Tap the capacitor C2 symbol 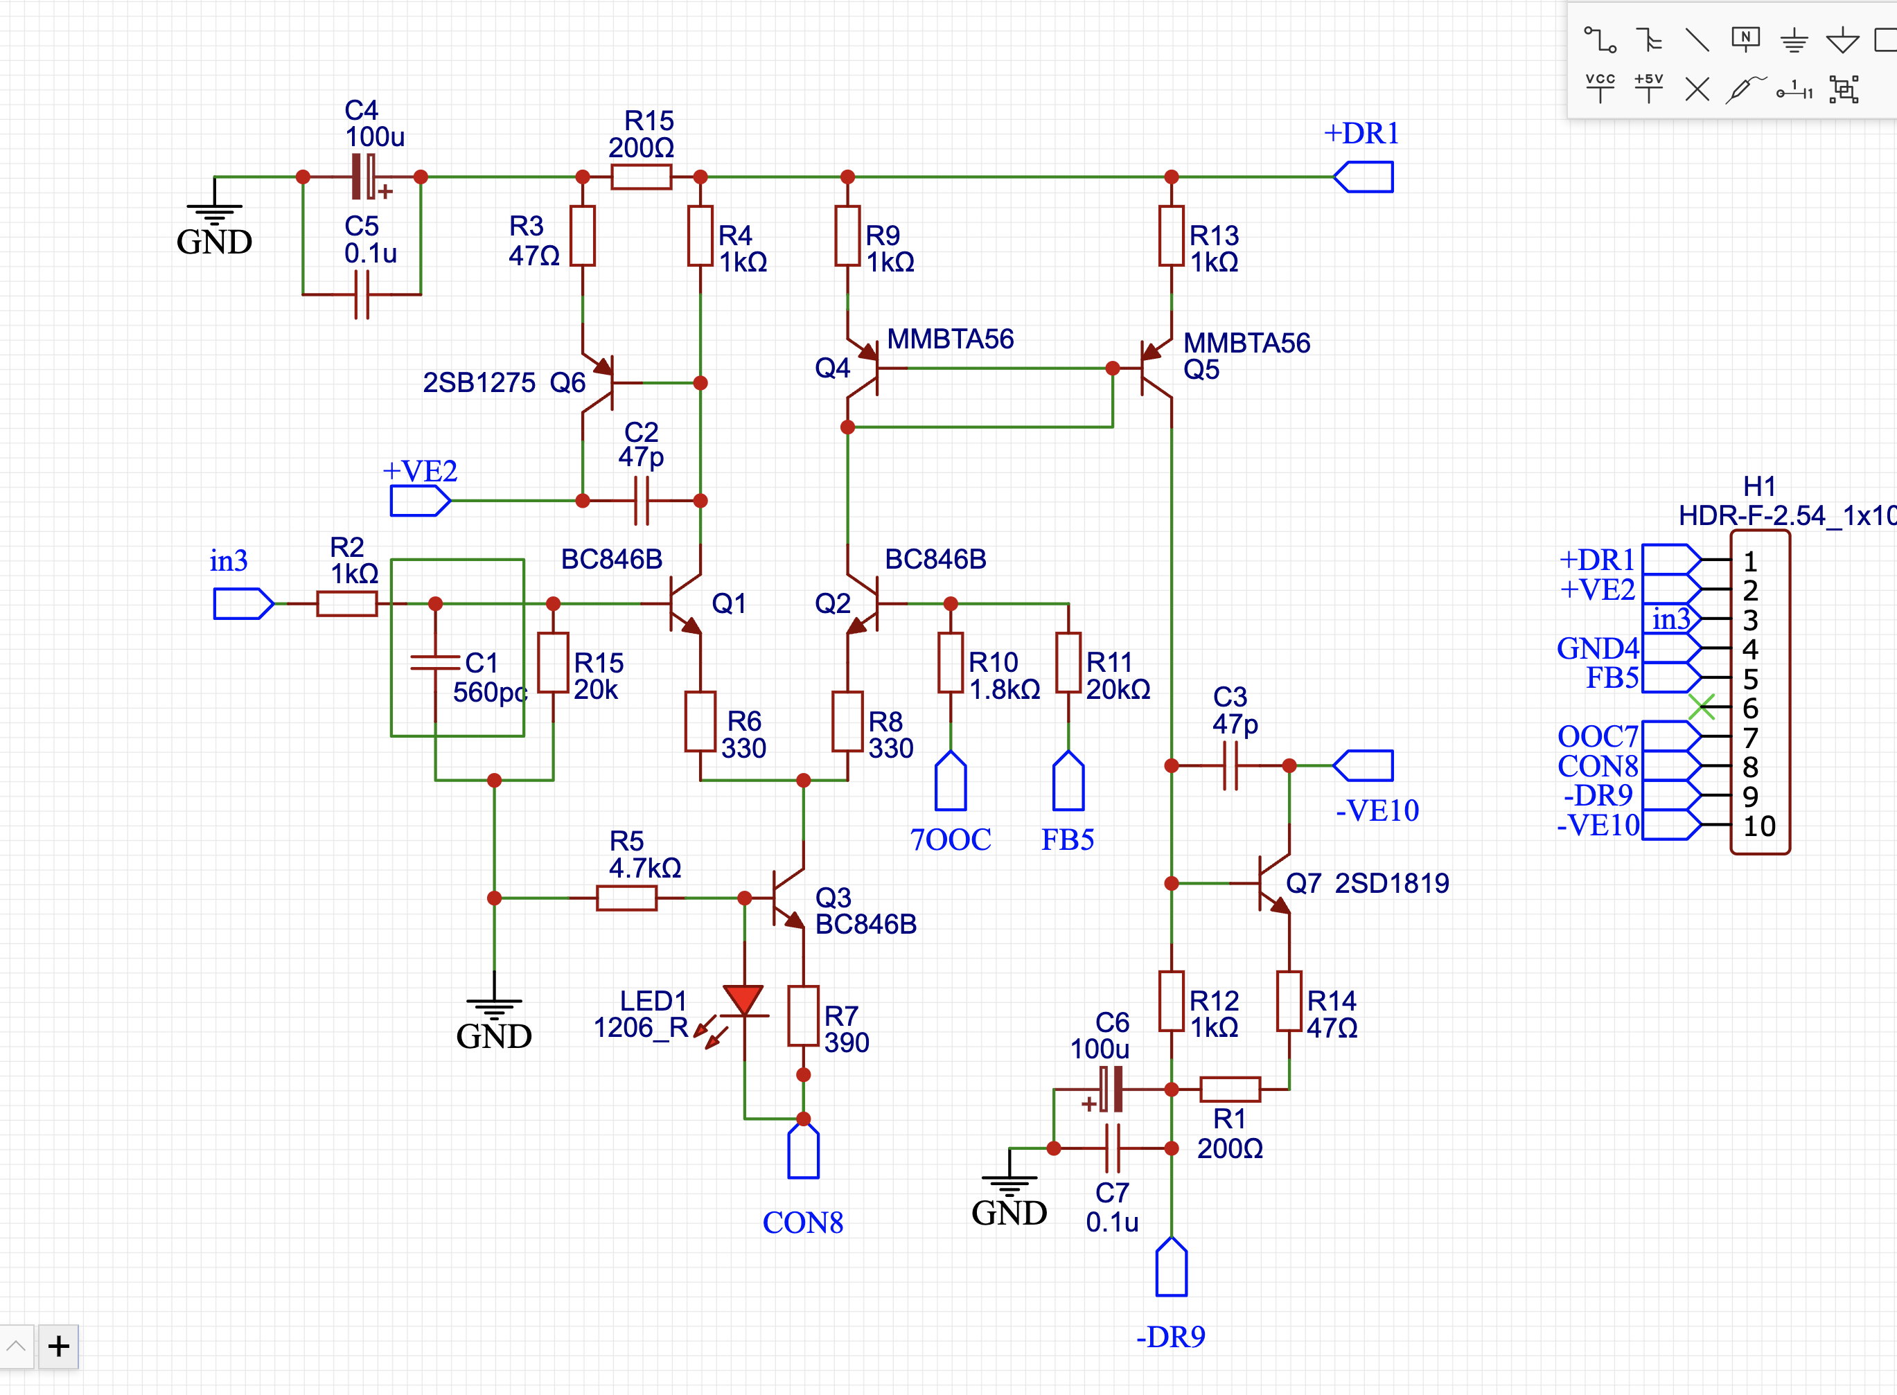coord(641,501)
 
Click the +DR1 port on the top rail coord(1364,177)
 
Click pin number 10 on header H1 coord(1759,826)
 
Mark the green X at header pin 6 coord(1702,707)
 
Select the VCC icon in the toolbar coord(1600,88)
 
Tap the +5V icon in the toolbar coord(1648,88)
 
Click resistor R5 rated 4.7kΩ coord(627,898)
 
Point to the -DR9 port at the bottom coord(1172,1267)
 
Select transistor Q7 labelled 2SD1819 coord(1273,883)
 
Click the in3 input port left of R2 coord(243,604)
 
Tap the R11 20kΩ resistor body coord(1068,663)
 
